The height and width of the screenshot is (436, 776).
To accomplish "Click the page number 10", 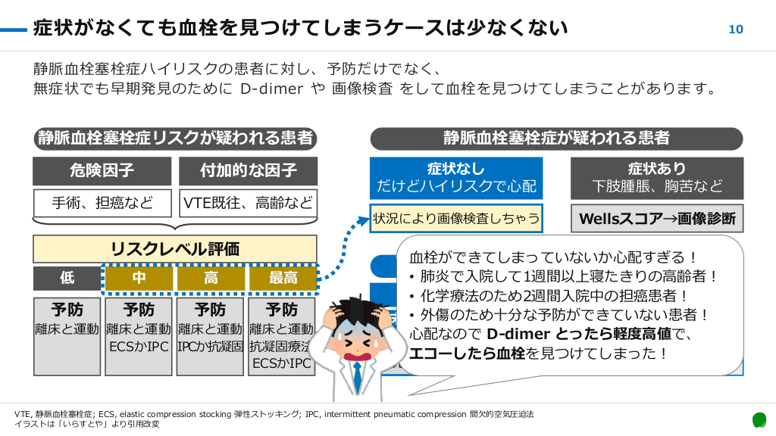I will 735,30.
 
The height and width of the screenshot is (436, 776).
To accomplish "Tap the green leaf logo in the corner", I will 759,419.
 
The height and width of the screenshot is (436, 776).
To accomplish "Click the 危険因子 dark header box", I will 102,170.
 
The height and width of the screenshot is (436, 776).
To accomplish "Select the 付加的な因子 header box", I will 249,170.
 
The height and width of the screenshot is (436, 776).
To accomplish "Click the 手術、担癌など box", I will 102,202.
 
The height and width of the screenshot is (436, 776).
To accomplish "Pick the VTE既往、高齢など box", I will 249,202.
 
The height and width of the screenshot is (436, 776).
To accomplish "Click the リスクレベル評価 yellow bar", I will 174,248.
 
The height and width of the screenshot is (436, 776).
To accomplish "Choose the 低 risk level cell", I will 67,278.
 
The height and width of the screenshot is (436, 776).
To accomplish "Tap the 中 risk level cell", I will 139,278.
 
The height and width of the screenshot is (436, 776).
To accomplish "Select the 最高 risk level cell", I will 283,278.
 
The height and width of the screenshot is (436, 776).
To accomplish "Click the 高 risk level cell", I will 211,278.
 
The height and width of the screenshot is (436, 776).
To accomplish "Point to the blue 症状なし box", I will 456,177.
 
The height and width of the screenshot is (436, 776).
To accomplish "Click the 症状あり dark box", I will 656,177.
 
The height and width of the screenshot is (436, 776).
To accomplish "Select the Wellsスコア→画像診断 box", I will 656,219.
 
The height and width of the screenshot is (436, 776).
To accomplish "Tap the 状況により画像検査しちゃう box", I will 456,219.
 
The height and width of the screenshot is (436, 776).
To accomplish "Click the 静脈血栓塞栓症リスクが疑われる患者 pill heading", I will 174,139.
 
